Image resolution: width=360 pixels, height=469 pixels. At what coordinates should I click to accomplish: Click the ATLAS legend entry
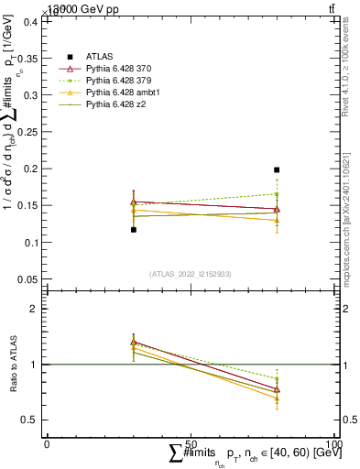(x=99, y=56)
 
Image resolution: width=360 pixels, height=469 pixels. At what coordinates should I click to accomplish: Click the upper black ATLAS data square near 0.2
(x=277, y=169)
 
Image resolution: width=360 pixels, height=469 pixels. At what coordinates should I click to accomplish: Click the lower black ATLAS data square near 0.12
(x=133, y=230)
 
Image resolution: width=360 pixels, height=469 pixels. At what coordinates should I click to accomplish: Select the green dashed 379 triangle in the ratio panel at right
(x=277, y=378)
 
